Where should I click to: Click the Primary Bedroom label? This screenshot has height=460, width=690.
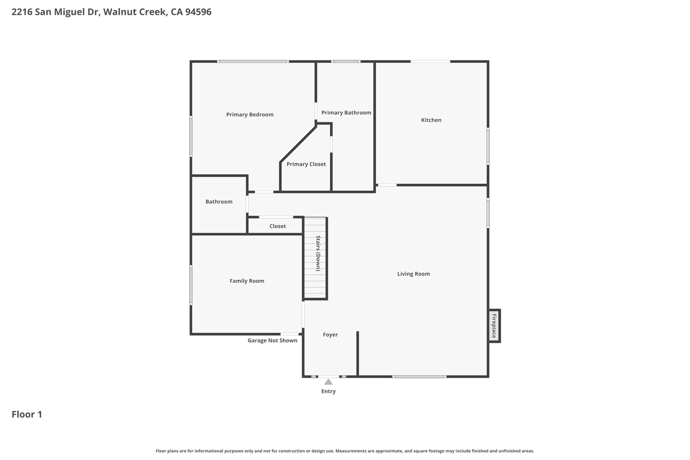250,115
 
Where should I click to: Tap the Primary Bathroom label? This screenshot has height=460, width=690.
346,113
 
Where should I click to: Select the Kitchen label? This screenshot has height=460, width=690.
431,120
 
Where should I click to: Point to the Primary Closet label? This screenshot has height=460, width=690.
306,164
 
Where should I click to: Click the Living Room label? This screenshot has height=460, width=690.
413,274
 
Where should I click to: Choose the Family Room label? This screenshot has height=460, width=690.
247,281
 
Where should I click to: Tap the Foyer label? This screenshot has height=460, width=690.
330,335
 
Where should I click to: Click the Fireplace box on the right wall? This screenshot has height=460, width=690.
494,326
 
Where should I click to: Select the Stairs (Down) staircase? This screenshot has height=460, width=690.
316,258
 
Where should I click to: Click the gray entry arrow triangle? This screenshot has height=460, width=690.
328,382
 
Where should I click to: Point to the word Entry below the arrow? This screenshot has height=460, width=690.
328,391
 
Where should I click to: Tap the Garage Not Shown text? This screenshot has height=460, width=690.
272,340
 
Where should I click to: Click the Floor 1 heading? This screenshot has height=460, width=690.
27,414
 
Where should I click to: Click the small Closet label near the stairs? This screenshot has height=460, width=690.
278,226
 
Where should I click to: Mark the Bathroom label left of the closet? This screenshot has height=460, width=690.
219,202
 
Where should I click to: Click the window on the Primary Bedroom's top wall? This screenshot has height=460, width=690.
253,61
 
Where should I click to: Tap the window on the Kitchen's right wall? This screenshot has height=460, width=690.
488,146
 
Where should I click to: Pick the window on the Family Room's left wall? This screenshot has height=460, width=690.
191,285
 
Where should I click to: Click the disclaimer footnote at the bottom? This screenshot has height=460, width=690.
345,451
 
